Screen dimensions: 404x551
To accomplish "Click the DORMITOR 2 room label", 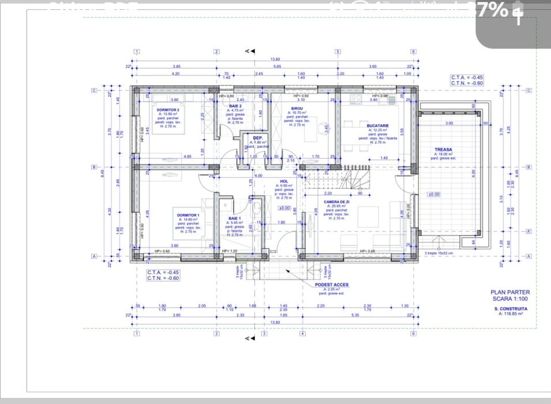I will tap(167, 110).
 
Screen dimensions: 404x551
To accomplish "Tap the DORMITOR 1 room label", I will tap(188, 215).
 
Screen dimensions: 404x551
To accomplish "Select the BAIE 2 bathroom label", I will tap(235, 106).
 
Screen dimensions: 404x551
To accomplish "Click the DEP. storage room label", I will tap(258, 138).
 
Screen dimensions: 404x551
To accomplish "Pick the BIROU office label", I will tap(297, 108).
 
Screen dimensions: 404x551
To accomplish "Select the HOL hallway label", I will tap(284, 181).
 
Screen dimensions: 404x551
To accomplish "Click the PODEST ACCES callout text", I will tap(331, 285).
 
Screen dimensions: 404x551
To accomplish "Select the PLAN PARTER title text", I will tap(506, 293).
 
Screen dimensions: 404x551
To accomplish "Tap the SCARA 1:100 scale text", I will tap(506, 299).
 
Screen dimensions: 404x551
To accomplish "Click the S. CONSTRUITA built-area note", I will tap(508, 309).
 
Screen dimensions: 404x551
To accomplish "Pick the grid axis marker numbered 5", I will tap(338, 51).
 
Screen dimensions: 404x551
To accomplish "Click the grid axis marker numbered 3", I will tap(264, 334).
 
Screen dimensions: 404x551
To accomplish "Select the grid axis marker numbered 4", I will tap(302, 334).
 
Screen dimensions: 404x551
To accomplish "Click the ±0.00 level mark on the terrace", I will tap(433, 194).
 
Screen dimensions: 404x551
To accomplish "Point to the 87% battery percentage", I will tap(492, 10).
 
